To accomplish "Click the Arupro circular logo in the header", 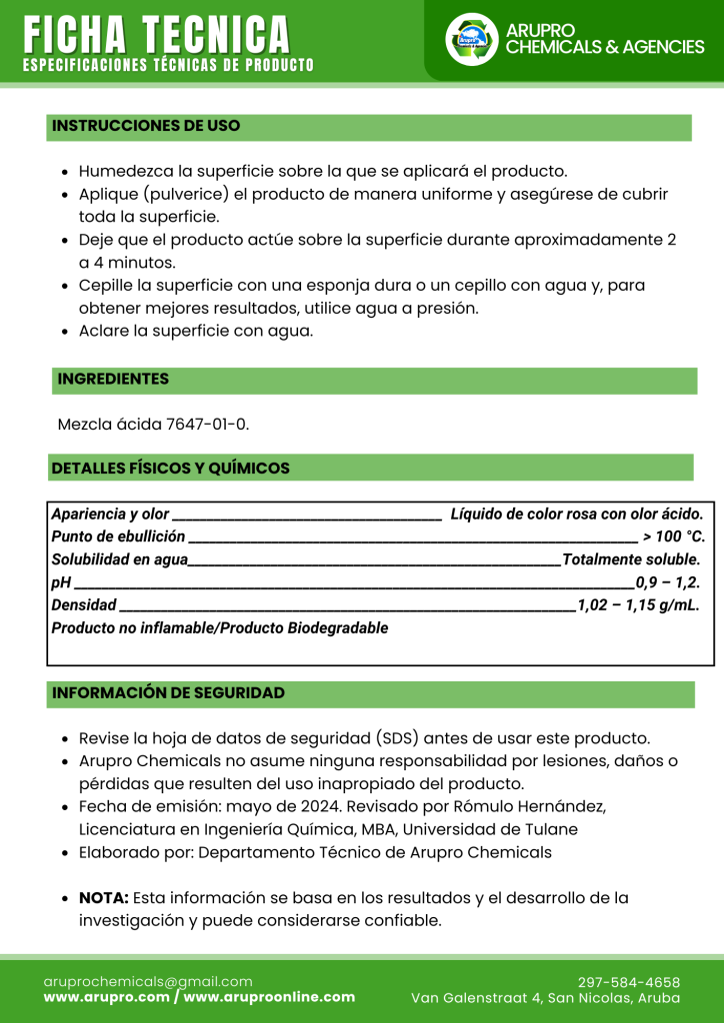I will point(471,39).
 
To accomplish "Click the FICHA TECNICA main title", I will point(157,35).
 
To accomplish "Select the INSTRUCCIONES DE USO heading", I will point(146,126).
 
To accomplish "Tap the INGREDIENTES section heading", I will point(113,380).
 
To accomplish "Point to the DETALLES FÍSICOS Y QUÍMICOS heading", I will point(171,468).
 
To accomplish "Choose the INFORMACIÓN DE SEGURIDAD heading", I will point(168,693).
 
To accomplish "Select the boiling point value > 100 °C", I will point(673,536).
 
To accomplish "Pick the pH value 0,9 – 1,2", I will point(668,582).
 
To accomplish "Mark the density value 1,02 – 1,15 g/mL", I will point(638,605).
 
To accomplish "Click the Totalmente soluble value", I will point(632,559).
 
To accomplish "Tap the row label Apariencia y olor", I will point(110,514).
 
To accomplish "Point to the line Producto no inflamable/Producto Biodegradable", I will point(220,628).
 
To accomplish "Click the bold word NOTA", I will point(104,898).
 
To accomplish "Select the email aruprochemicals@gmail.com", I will point(148,982).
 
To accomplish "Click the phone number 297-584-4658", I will point(629,982).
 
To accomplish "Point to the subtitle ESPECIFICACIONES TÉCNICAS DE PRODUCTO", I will point(168,66).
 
